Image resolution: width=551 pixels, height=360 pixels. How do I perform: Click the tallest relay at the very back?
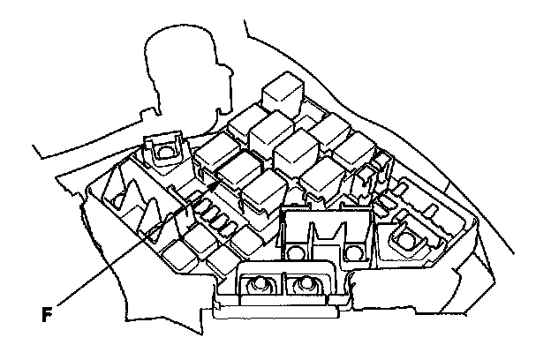[284, 91]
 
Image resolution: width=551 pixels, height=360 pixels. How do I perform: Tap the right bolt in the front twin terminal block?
[306, 284]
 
